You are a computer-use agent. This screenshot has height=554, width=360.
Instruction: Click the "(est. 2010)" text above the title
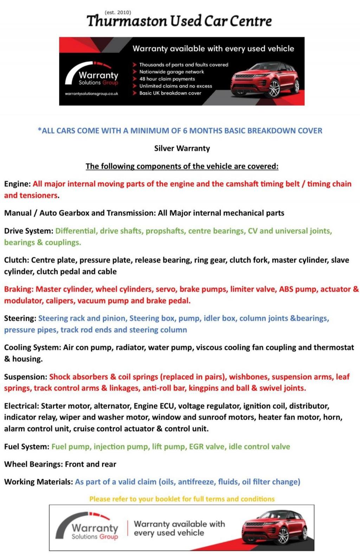coord(118,12)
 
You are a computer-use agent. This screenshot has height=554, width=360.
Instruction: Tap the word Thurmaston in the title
coord(127,21)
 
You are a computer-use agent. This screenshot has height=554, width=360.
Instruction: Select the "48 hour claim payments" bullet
coord(167,79)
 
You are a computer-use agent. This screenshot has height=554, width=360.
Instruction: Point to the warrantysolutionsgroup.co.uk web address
coord(91,94)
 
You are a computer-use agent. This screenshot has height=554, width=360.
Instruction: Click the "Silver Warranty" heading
coord(182,148)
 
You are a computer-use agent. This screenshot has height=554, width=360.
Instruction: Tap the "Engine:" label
coord(17,184)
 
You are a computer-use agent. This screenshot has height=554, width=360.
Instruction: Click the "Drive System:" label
coord(28,231)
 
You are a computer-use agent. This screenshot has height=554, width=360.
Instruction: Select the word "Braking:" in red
coord(19,289)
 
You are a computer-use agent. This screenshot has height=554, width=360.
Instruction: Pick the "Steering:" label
coord(20,318)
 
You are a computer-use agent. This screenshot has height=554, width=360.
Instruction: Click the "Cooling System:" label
coord(32,348)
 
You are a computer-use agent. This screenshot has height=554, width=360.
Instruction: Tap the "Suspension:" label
coord(25,377)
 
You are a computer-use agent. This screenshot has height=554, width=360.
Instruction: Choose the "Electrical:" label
coord(21,406)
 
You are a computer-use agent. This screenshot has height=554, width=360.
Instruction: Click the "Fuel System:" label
coord(27,447)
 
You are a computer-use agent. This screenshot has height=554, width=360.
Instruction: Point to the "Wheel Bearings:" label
coord(33,464)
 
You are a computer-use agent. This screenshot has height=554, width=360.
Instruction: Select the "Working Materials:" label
coord(38,482)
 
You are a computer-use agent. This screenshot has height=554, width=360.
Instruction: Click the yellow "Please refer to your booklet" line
coord(182,499)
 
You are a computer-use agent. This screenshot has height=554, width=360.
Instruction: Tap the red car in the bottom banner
coord(274,527)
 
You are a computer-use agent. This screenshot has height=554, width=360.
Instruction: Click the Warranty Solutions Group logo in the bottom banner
coord(90,528)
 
